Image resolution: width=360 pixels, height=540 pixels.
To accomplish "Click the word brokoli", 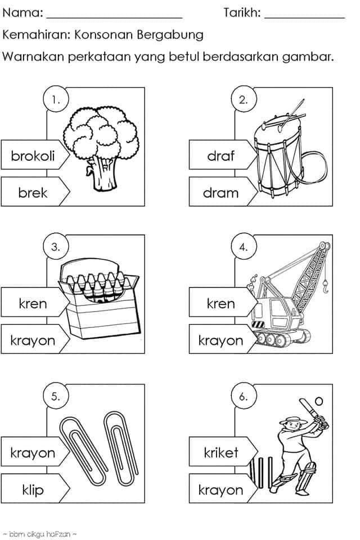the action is tap(33, 156).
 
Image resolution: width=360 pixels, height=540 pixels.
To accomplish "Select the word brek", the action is tap(33, 192).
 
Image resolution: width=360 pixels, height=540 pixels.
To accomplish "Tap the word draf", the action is tap(220, 156).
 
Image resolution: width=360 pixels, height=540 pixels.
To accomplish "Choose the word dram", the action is tap(220, 192).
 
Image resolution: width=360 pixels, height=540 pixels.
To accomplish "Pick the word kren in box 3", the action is tap(33, 303).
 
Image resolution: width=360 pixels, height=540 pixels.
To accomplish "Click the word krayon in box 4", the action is tap(221, 341).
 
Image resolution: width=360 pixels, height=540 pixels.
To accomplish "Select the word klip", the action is tap(33, 489).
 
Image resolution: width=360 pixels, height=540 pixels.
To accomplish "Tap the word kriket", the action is tap(221, 452).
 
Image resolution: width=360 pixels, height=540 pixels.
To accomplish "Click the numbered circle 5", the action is tap(56, 396).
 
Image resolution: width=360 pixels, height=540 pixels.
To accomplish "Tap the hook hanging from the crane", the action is tap(325, 286).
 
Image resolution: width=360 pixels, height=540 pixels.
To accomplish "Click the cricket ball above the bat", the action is tap(319, 401).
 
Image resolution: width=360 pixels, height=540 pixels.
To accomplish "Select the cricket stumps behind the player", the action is tap(261, 472).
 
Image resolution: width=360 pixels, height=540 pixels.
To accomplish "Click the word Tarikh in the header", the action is tap(242, 13).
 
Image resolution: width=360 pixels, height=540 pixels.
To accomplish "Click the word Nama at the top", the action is tap(22, 13).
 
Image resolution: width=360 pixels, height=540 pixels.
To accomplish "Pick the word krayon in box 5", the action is tap(33, 453).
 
